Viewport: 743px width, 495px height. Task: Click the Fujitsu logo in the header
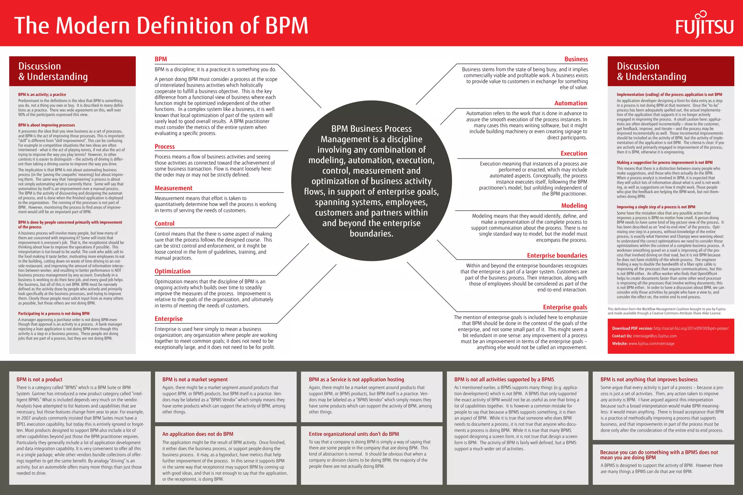click(x=704, y=25)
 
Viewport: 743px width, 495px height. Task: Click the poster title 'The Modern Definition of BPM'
click(x=161, y=25)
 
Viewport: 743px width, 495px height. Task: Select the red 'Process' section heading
click(x=165, y=147)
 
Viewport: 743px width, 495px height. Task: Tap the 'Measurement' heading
click(x=173, y=188)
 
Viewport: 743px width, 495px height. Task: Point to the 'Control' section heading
click(x=164, y=223)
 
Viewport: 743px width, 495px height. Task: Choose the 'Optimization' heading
click(x=172, y=271)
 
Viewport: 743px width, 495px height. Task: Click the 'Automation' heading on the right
click(x=570, y=103)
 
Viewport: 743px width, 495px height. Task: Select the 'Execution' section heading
click(x=574, y=153)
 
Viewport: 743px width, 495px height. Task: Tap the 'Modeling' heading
click(x=574, y=206)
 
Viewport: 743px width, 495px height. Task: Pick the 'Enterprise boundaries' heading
click(x=557, y=256)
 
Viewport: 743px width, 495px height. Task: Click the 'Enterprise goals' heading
click(x=565, y=307)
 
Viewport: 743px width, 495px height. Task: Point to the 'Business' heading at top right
click(x=576, y=59)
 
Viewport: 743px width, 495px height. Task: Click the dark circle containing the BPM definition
click(x=371, y=181)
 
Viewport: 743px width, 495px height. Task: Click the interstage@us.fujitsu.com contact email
click(x=654, y=336)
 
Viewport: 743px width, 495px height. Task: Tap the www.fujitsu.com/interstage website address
click(x=651, y=344)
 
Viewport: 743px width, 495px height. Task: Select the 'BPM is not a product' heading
click(x=39, y=379)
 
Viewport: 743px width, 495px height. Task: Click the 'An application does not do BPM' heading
click(x=198, y=434)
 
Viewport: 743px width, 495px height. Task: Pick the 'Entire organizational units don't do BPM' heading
click(x=354, y=434)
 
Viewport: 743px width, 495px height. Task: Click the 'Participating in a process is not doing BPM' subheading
click(x=54, y=314)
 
